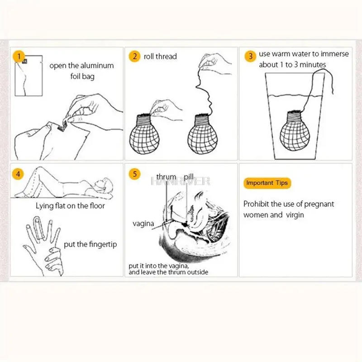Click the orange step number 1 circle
tap(18, 57)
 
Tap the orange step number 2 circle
tap(134, 57)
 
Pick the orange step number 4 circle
tap(18, 173)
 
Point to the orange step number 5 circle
tap(134, 174)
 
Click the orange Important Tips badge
tap(267, 183)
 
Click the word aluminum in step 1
tap(97, 66)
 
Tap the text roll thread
tap(160, 57)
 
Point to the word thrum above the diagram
tap(166, 176)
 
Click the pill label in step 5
tap(189, 176)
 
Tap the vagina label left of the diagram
tap(143, 224)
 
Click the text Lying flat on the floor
tap(70, 206)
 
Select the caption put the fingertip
tap(90, 244)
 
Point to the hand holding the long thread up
tap(215, 61)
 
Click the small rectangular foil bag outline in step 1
tap(29, 76)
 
